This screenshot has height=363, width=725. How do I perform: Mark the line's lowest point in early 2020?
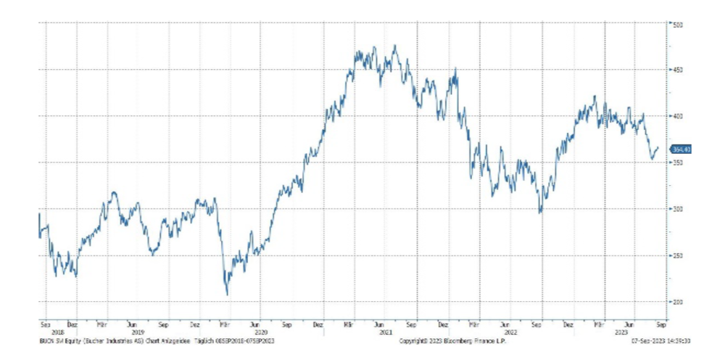pos(227,295)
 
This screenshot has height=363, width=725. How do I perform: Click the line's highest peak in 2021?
pos(394,46)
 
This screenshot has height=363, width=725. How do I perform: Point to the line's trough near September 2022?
pos(539,213)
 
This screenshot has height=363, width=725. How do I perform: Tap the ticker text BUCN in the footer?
pos(46,340)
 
